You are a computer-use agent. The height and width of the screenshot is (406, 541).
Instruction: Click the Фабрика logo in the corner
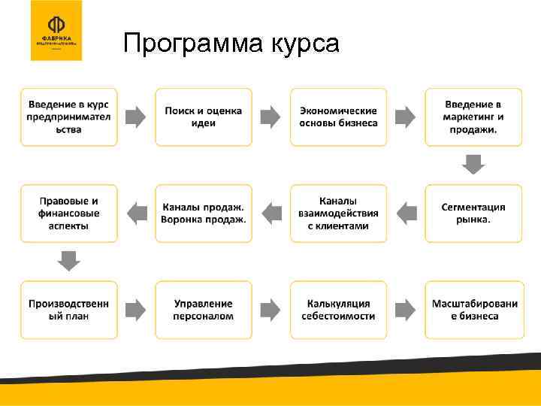[x=56, y=31]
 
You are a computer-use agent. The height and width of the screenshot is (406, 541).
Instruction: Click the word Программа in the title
[x=187, y=44]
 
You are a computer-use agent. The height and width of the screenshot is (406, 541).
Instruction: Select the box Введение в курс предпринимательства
[x=69, y=117]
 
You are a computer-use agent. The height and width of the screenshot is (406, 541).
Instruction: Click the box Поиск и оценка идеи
[x=204, y=117]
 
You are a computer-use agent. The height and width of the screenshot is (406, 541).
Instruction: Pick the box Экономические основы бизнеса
[x=338, y=117]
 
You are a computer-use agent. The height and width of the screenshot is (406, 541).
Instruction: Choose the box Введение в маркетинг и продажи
[x=473, y=117]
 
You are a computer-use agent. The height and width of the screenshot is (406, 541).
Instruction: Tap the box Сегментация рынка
[x=473, y=213]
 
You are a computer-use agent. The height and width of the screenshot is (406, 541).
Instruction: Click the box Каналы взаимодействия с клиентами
[x=338, y=213]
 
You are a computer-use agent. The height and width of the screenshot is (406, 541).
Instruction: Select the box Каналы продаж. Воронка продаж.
[x=204, y=213]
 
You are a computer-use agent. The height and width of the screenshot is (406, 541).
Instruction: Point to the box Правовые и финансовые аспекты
[x=69, y=213]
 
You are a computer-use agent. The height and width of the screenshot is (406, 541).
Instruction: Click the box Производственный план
[x=69, y=309]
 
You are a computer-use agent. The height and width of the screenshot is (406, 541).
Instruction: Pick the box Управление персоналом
[x=204, y=309]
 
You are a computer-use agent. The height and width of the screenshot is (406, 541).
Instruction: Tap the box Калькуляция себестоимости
[x=338, y=309]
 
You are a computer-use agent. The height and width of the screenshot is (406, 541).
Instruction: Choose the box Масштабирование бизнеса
[x=473, y=309]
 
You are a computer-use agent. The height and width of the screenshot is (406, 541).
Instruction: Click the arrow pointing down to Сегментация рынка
[x=473, y=164]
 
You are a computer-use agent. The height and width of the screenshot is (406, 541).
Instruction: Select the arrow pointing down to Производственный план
[x=69, y=260]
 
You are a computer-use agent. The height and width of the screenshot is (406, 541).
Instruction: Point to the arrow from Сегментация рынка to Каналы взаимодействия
[x=406, y=213]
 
